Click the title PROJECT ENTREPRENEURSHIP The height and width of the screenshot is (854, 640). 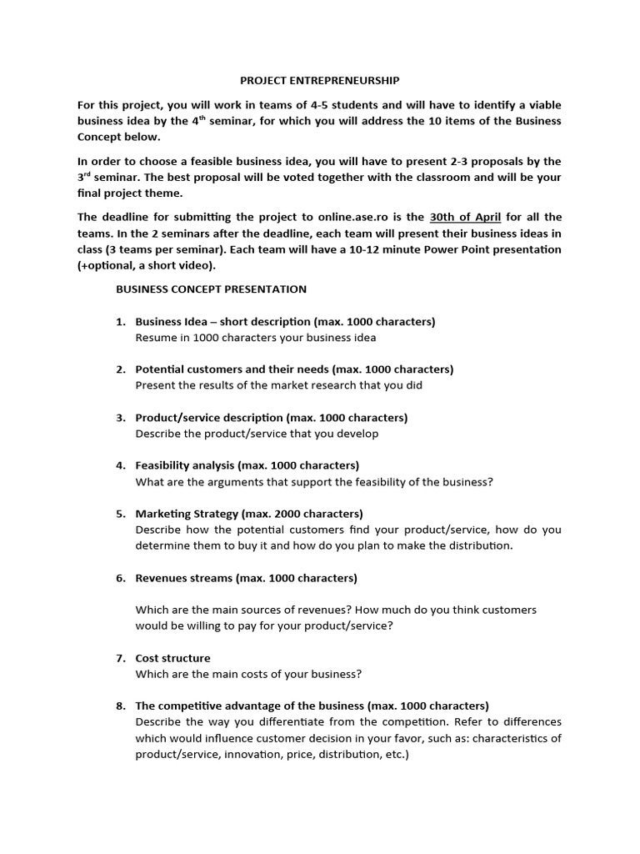(320, 81)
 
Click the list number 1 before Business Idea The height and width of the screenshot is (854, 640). (120, 322)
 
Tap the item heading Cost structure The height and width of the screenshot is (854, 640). (172, 658)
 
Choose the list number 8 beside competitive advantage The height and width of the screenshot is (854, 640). (120, 706)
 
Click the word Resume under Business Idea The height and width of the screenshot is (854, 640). (153, 338)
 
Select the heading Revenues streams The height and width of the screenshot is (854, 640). (184, 578)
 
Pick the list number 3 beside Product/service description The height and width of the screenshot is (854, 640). (120, 418)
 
